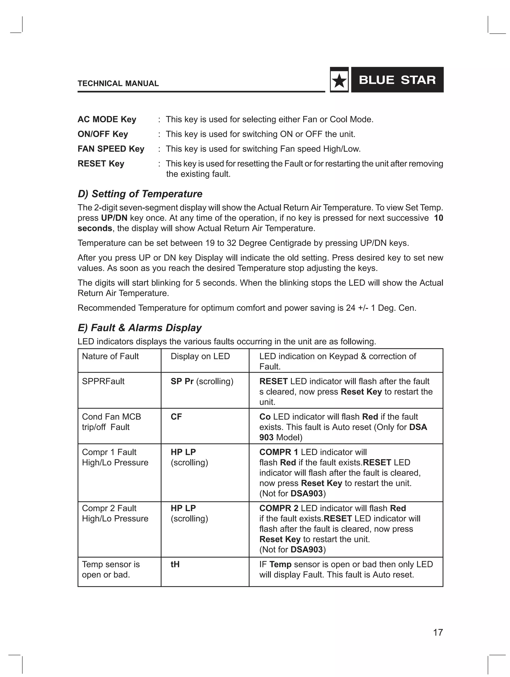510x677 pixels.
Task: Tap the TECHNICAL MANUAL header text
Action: point(118,83)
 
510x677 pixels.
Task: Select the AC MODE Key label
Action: point(107,119)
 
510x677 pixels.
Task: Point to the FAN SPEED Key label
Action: point(111,149)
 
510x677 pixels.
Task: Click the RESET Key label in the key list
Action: point(101,163)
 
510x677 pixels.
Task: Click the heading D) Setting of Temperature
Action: point(140,194)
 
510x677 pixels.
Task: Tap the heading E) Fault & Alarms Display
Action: point(139,328)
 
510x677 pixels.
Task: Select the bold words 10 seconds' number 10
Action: point(438,218)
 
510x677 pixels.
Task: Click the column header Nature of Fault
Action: point(110,356)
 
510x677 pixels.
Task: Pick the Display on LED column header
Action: point(200,356)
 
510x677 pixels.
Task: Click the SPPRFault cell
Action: point(103,381)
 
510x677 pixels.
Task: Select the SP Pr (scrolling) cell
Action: point(202,381)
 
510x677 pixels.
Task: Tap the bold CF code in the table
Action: point(176,417)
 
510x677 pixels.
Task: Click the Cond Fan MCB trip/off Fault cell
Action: point(111,422)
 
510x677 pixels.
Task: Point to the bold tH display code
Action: point(175,564)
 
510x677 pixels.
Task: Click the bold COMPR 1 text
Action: point(278,452)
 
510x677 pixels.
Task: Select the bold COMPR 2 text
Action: point(278,508)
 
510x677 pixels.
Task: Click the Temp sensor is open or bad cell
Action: point(111,569)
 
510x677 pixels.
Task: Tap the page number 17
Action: point(438,632)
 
